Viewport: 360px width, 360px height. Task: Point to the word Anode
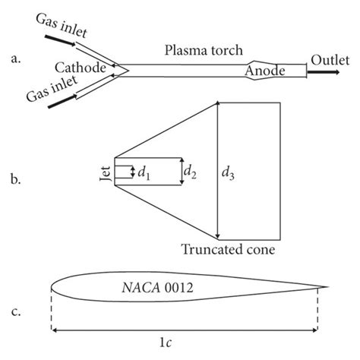click(x=265, y=71)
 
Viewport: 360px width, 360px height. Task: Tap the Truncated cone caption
click(x=227, y=249)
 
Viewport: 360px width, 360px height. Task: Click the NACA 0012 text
click(x=157, y=288)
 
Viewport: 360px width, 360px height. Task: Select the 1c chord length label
click(x=187, y=343)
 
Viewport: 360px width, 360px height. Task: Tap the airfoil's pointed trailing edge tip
click(x=328, y=288)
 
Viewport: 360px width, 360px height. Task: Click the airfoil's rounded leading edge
click(x=52, y=288)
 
